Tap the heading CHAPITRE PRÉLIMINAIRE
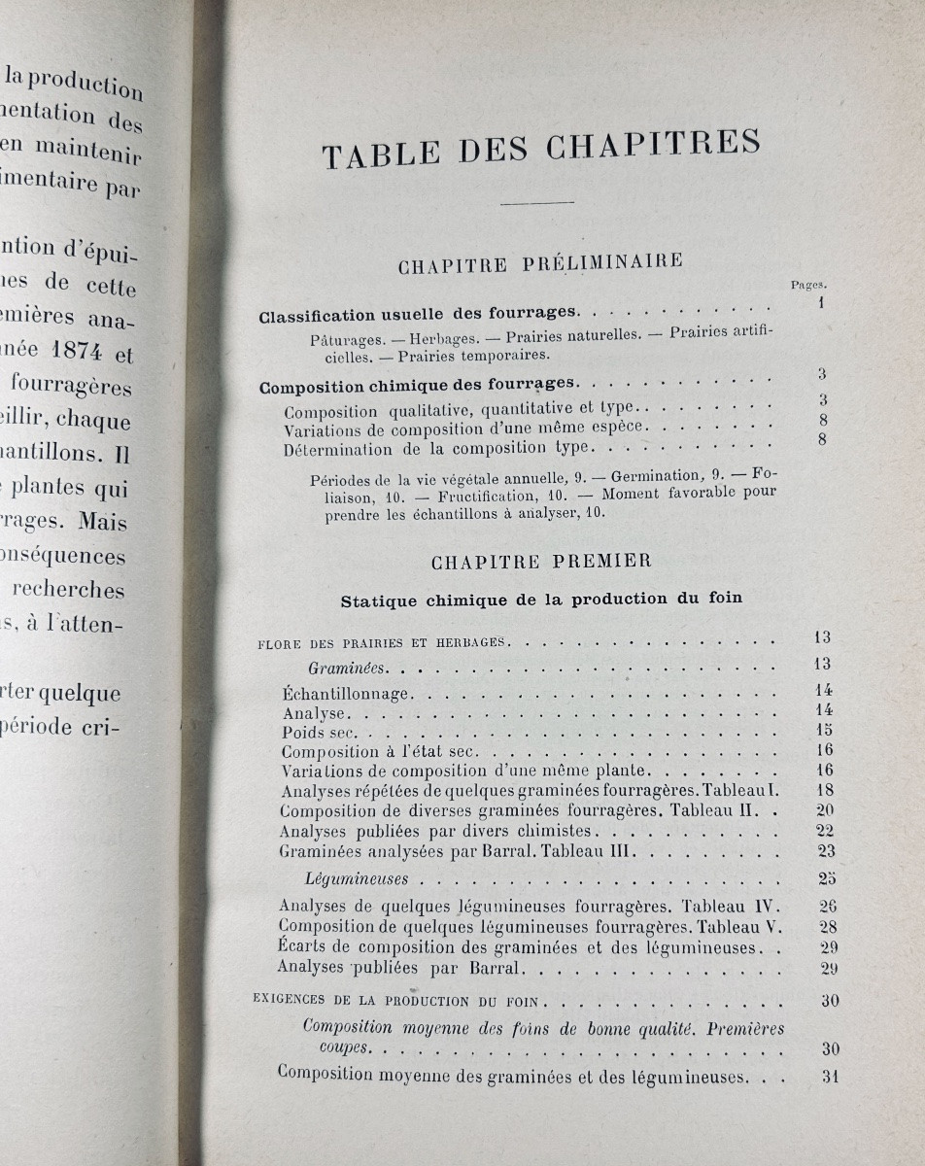click(540, 263)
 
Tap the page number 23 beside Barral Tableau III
click(826, 851)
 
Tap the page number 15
click(825, 730)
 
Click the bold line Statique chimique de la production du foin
click(541, 599)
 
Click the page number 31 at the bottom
click(828, 1076)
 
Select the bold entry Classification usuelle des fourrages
click(419, 315)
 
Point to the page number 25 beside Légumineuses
click(827, 879)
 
